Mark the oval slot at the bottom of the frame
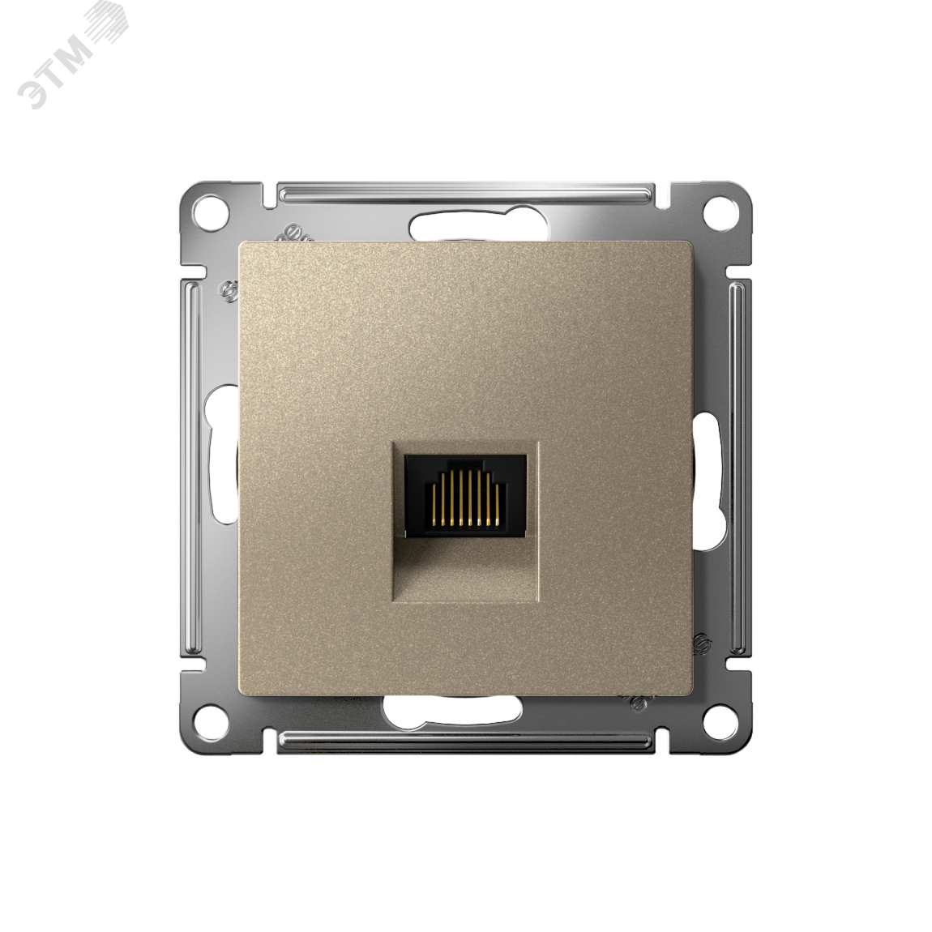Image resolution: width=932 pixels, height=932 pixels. click(453, 708)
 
